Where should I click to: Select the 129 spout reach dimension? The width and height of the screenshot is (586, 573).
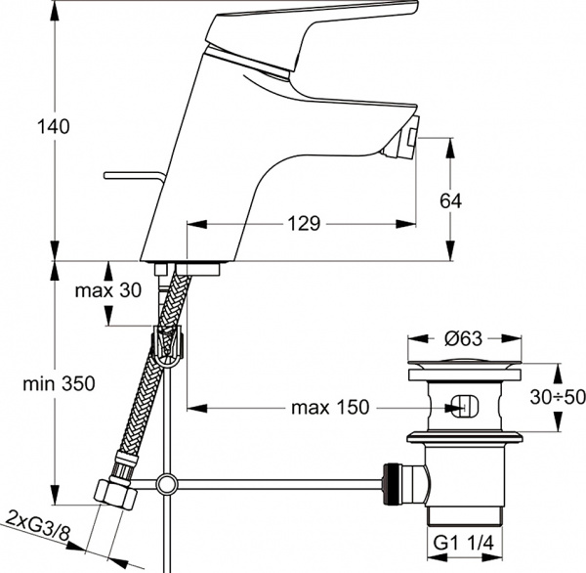(305, 224)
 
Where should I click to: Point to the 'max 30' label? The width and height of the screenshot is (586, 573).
(108, 290)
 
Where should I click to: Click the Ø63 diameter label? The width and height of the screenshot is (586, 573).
(465, 339)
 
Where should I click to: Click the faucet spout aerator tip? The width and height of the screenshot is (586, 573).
(405, 136)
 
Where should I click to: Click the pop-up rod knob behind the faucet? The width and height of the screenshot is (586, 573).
(132, 176)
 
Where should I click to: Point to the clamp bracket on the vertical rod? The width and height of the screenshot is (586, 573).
(169, 345)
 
